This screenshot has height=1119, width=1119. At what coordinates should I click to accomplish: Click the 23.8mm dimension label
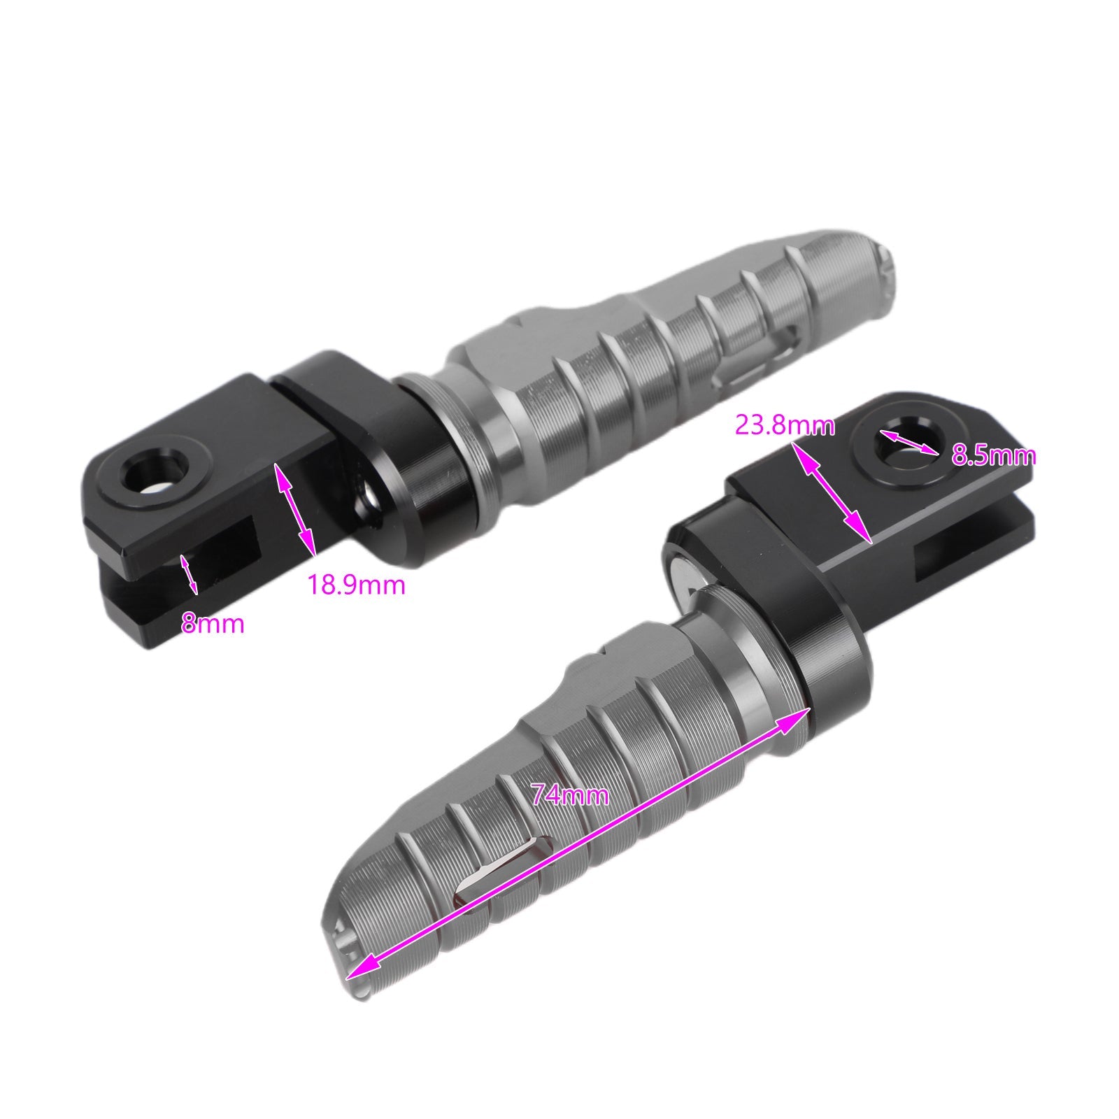click(x=785, y=425)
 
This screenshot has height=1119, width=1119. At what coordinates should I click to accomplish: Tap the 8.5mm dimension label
click(x=994, y=456)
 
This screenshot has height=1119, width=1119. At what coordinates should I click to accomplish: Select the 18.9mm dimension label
click(x=357, y=585)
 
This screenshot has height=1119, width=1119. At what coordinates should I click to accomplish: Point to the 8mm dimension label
click(x=213, y=623)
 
